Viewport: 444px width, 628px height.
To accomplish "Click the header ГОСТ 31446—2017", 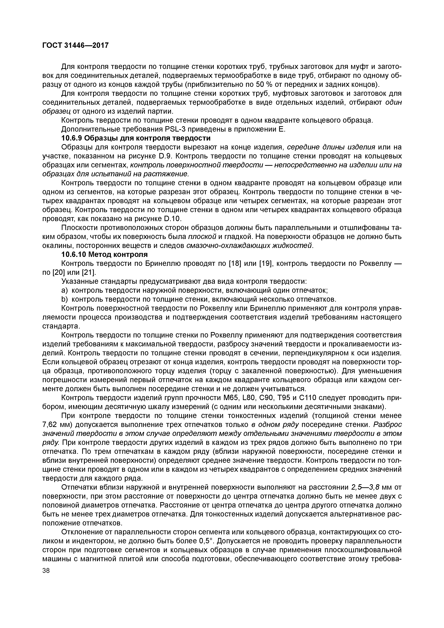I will click(76, 45).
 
